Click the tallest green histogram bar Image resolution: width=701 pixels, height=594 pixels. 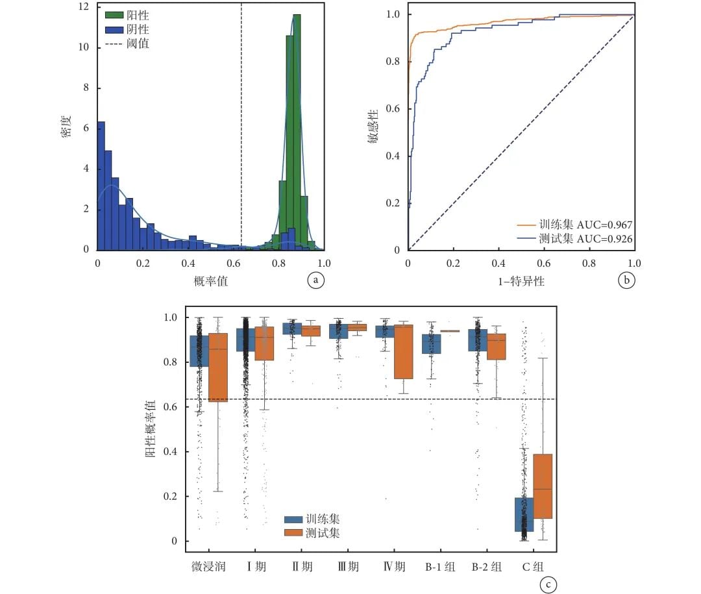click(x=297, y=130)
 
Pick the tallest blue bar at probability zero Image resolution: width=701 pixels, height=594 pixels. click(x=101, y=185)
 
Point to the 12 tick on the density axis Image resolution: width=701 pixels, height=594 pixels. click(x=84, y=7)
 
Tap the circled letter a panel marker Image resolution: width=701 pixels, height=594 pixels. click(x=315, y=280)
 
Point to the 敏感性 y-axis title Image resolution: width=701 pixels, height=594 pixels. click(x=375, y=130)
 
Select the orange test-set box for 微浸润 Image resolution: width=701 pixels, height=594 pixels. click(x=218, y=367)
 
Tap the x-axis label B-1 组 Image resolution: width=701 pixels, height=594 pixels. click(x=439, y=566)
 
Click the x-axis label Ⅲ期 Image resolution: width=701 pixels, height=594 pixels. click(x=348, y=566)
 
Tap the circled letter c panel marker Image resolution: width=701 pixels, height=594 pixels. click(x=548, y=584)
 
